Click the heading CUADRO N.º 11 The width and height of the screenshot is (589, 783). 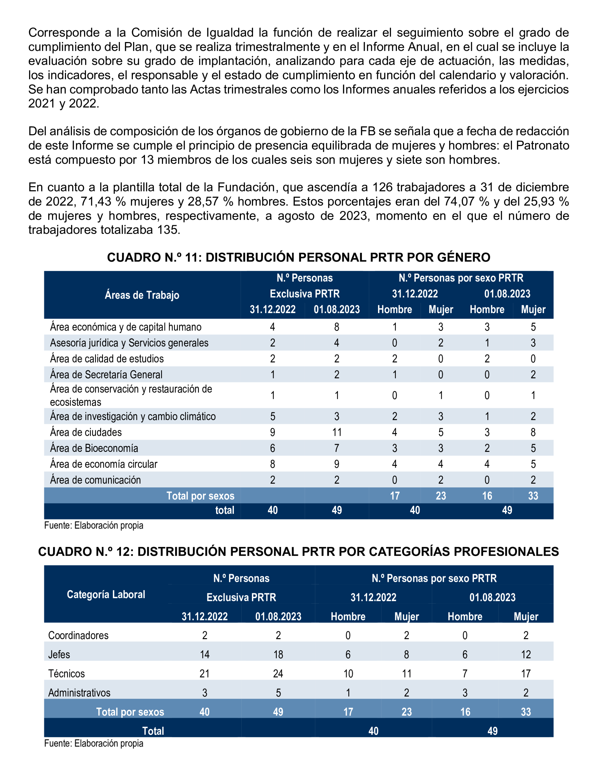(x=298, y=257)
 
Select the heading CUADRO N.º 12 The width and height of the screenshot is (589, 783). (x=298, y=551)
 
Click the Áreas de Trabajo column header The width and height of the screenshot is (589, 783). (x=142, y=295)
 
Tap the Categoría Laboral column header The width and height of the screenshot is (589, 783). (x=106, y=594)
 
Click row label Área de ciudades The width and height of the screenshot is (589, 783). (x=86, y=432)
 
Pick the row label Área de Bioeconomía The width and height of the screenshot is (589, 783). (x=94, y=448)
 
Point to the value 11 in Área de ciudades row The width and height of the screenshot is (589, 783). (x=336, y=432)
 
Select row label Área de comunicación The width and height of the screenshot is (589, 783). (x=95, y=480)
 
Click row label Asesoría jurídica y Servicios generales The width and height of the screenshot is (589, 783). (x=129, y=343)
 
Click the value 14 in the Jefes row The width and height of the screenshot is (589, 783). (x=204, y=654)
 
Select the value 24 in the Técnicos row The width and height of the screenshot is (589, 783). (x=278, y=674)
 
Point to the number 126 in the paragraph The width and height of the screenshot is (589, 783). (x=383, y=187)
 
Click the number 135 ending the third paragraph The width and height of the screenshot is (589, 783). (x=169, y=230)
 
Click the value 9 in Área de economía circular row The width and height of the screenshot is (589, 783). (x=336, y=464)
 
